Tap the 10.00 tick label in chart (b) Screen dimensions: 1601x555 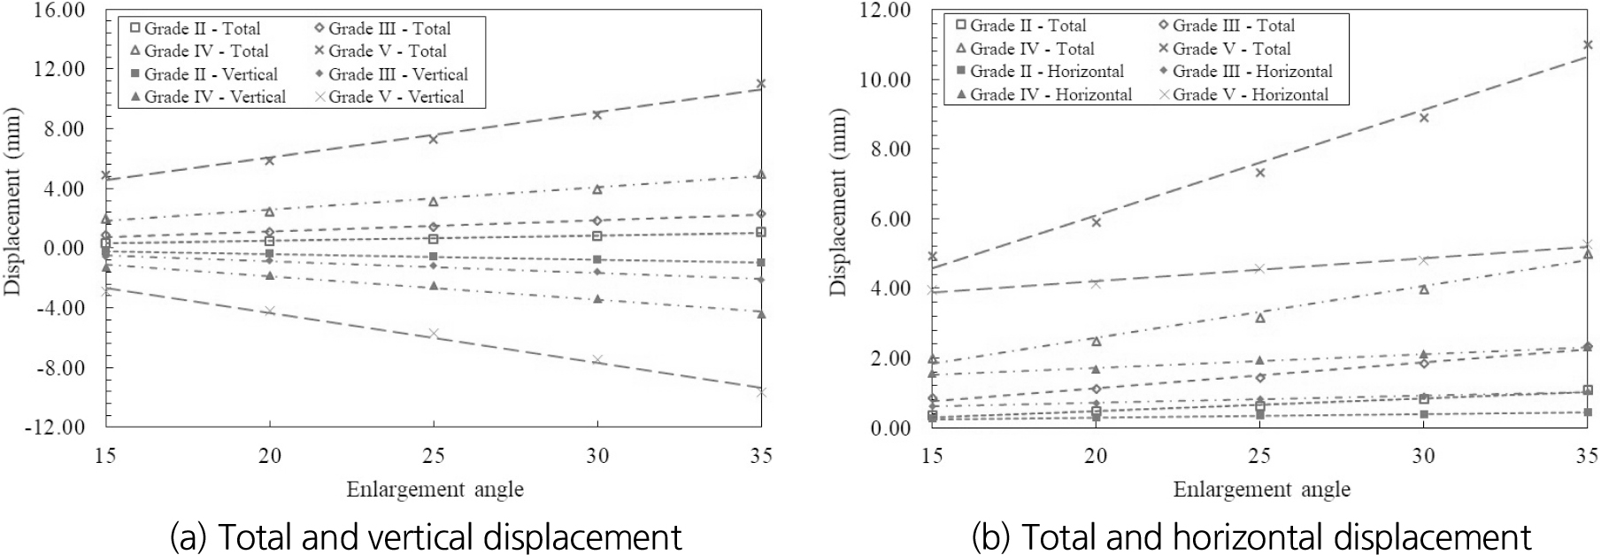[885, 80]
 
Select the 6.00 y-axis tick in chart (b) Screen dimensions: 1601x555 [889, 219]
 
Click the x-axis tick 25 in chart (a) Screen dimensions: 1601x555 [434, 456]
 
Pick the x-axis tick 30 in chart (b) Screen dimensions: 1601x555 [1423, 456]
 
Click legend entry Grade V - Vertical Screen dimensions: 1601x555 [389, 96]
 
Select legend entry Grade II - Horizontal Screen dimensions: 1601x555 [1039, 71]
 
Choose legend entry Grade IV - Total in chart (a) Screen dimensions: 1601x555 [199, 50]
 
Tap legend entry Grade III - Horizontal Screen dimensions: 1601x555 [1245, 71]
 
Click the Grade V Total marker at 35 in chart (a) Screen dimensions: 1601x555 [761, 84]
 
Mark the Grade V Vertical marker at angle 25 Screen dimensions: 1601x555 [434, 334]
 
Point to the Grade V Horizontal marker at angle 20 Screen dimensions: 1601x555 [1096, 283]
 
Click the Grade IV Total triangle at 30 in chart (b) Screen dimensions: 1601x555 [1423, 289]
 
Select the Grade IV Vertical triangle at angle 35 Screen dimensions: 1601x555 [761, 313]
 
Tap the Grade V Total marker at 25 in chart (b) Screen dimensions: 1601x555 [1259, 173]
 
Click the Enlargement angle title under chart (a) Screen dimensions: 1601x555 [435, 489]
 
